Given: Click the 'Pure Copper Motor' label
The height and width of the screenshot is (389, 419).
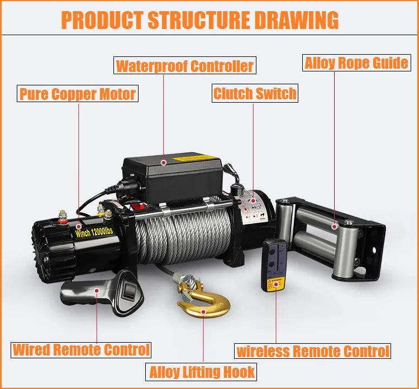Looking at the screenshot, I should click(78, 93).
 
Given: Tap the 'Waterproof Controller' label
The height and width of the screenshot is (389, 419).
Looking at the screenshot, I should click(185, 66).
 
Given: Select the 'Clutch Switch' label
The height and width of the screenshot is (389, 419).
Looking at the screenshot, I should click(255, 93).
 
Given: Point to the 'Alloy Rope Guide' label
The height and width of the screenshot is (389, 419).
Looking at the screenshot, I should click(356, 63).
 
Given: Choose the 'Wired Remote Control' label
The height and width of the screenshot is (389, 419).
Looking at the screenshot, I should click(82, 350).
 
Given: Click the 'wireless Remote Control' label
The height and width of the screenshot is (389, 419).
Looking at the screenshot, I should click(312, 351).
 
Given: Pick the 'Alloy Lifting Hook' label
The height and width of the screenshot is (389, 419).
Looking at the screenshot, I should click(202, 371).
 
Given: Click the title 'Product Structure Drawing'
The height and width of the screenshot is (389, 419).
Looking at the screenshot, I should click(200, 20).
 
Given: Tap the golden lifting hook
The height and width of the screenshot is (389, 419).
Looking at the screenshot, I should click(203, 304).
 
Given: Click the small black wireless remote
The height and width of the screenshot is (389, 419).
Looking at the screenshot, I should click(274, 265).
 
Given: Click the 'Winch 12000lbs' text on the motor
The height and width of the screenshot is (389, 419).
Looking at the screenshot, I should click(93, 229).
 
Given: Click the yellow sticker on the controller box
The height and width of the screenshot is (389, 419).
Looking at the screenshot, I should click(196, 158).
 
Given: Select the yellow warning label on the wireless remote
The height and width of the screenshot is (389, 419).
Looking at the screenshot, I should click(274, 282).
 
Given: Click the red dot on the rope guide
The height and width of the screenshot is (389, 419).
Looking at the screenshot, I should click(335, 227).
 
